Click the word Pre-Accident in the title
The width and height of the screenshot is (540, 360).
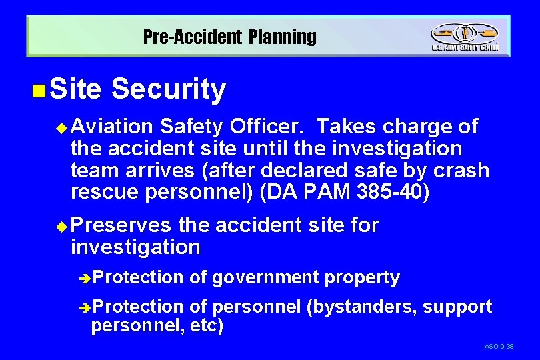191,37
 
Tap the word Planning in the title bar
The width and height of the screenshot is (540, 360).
283,37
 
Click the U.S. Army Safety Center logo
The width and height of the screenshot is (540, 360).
464,37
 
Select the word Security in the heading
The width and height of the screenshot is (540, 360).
169,90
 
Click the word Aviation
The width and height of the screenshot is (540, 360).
112,127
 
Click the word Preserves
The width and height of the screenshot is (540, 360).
121,225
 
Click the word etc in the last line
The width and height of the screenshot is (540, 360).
207,327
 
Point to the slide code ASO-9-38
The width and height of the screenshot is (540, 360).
499,347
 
